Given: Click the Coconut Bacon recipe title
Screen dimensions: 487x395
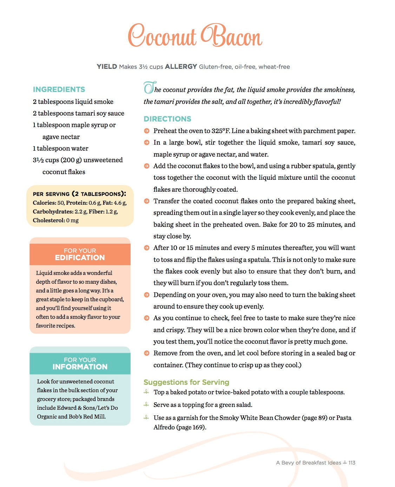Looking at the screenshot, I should (x=195, y=36).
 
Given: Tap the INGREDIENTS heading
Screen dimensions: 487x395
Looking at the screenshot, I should (x=59, y=90).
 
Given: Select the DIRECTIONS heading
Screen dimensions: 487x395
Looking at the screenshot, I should (x=167, y=119).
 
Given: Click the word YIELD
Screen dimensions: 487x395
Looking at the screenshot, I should (x=107, y=67).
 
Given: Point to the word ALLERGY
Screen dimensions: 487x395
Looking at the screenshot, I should (x=181, y=67).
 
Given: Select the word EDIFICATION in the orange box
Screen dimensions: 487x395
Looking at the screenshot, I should (x=80, y=258).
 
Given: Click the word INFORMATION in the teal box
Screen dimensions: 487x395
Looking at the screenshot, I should (x=80, y=367).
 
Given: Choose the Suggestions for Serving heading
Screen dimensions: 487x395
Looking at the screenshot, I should (x=186, y=382).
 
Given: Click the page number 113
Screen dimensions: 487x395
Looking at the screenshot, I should (x=352, y=463).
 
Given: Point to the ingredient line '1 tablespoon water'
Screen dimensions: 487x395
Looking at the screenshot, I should (x=61, y=149).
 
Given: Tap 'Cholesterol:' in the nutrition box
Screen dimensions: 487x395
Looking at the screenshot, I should (x=49, y=221).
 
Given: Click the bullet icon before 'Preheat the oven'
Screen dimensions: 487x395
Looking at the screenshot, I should (x=147, y=131).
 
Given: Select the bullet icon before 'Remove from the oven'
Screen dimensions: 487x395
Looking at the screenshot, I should (x=147, y=353).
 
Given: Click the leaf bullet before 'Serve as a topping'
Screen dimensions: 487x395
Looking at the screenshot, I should (x=146, y=405).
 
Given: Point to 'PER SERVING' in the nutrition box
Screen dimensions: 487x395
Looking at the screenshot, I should (x=51, y=194).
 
